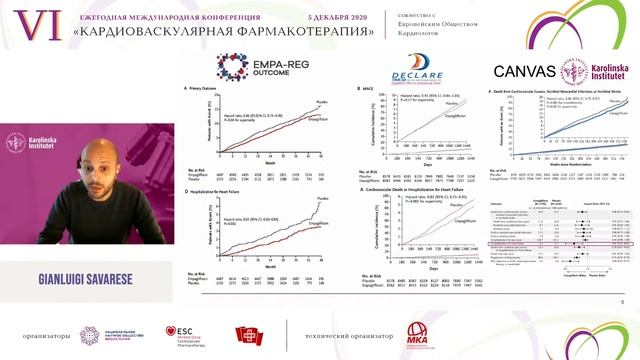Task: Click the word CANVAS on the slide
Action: [x=529, y=72]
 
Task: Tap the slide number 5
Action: [x=623, y=301]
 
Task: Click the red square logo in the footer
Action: [x=246, y=333]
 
